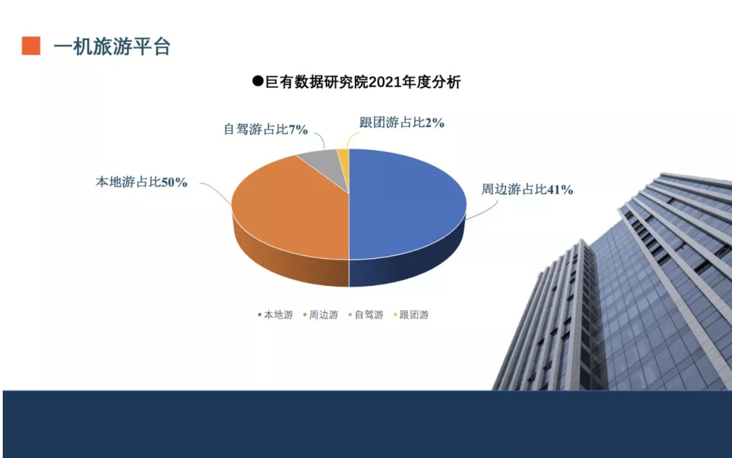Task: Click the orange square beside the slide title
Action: click(x=31, y=46)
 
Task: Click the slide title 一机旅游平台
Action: click(x=112, y=46)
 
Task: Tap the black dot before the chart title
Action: click(x=258, y=81)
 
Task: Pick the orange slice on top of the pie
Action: click(x=291, y=209)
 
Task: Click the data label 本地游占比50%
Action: click(x=141, y=182)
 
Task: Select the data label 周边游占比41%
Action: click(x=527, y=189)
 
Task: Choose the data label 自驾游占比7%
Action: click(x=266, y=129)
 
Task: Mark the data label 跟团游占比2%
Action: click(x=402, y=123)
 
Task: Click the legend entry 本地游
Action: click(x=275, y=315)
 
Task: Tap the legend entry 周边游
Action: click(x=321, y=315)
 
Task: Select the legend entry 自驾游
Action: click(x=366, y=315)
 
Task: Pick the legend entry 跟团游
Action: click(x=411, y=315)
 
